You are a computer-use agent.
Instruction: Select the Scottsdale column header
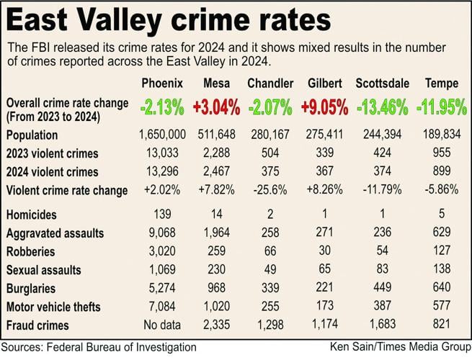[383, 84]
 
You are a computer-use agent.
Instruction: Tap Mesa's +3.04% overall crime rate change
[215, 108]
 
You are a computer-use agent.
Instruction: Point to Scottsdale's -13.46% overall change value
[383, 108]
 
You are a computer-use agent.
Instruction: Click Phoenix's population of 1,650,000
[162, 135]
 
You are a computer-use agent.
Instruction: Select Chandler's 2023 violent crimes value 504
[270, 153]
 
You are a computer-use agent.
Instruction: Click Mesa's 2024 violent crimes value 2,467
[215, 172]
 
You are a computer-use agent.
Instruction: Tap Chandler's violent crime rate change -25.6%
[270, 191]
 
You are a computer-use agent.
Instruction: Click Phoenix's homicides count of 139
[162, 215]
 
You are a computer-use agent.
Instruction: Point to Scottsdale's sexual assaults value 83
[383, 270]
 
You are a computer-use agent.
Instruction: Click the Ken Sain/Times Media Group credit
[398, 347]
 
